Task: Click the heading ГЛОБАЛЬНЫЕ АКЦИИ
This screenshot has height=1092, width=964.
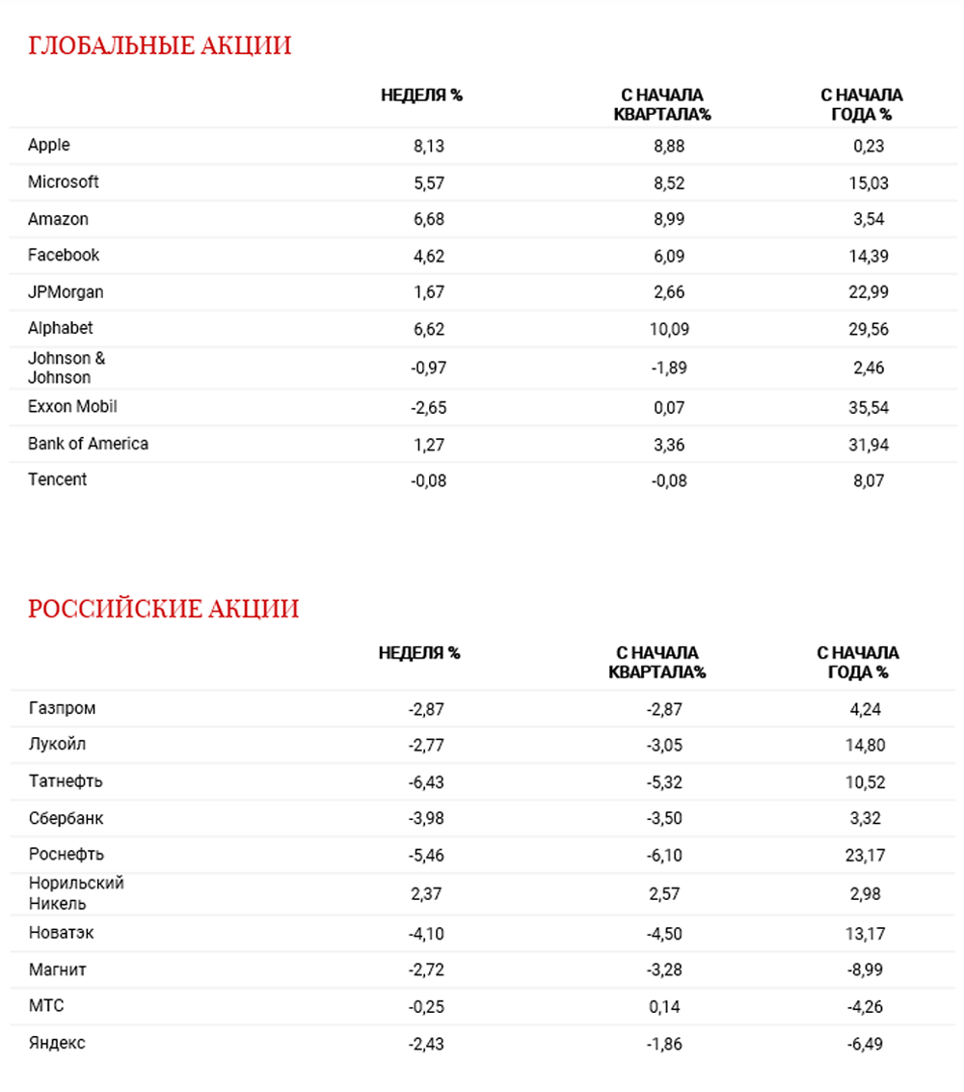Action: point(159,46)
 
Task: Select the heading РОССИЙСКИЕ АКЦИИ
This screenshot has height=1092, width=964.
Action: point(163,610)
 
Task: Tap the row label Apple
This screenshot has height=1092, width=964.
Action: point(49,145)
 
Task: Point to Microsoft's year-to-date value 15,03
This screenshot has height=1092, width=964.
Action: point(865,182)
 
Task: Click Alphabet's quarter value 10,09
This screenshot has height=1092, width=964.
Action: point(668,329)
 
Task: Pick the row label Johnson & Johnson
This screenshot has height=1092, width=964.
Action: point(67,368)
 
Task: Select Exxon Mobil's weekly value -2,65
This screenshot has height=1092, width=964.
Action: point(428,407)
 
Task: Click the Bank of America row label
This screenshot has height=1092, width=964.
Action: point(88,444)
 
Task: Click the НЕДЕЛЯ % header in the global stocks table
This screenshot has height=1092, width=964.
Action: point(422,96)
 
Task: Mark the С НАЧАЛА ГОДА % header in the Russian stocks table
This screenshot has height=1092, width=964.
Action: point(858,663)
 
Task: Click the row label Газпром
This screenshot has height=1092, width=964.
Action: point(63,708)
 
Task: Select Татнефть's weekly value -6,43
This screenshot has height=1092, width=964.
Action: point(425,782)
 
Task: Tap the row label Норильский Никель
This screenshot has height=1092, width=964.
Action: point(76,893)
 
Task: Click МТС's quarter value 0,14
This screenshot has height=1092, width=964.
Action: point(664,1007)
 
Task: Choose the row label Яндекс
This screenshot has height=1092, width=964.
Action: point(57,1043)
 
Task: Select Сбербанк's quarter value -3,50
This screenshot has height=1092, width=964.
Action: point(664,819)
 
